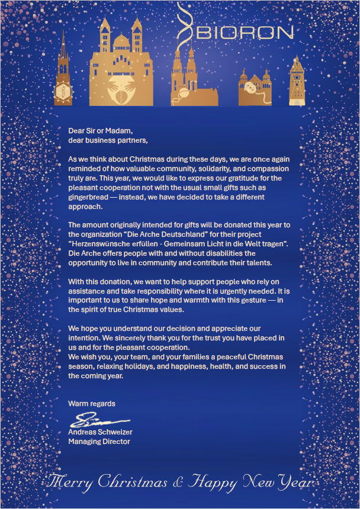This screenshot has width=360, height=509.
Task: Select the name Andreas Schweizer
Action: (100, 432)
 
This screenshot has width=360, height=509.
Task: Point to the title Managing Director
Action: (99, 442)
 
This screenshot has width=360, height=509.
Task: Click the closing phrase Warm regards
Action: (92, 404)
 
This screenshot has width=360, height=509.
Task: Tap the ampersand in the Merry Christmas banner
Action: (178, 483)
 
